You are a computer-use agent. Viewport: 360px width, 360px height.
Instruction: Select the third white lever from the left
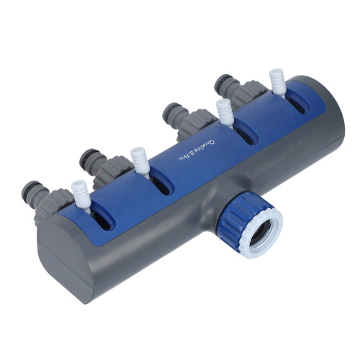click(225, 112)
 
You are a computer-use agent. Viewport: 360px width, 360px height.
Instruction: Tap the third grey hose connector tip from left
click(171, 112)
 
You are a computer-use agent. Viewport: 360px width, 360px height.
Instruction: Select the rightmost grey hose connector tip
click(223, 83)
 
